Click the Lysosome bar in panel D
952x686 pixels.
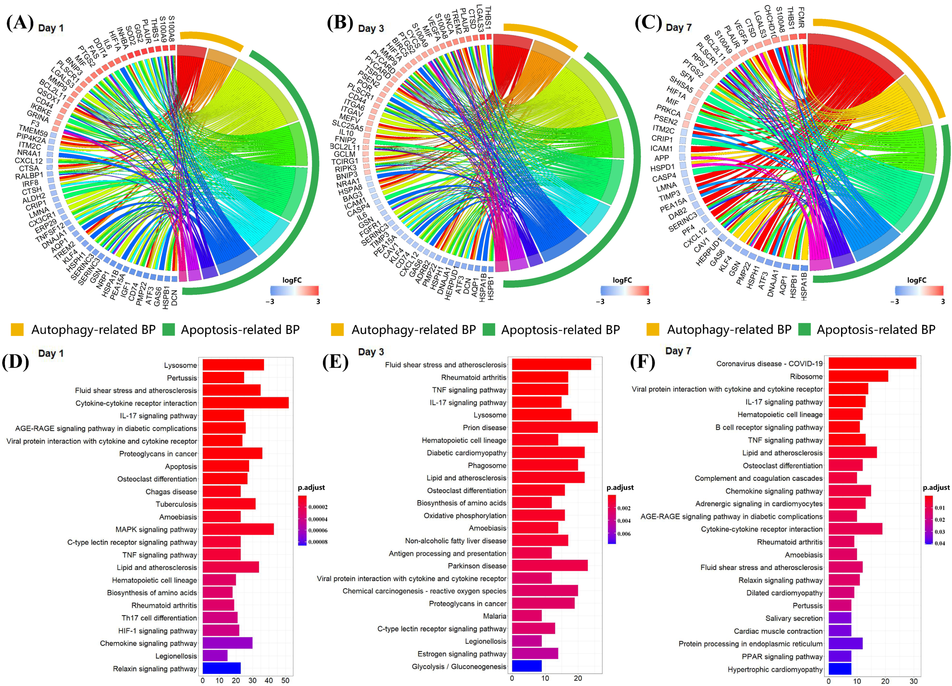pos(233,365)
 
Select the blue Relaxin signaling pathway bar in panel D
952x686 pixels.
pos(221,668)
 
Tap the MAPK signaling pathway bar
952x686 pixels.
pos(238,529)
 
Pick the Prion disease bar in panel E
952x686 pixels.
pos(555,427)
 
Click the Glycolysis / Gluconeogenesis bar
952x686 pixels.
pos(526,666)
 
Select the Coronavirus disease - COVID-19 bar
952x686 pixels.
pos(872,363)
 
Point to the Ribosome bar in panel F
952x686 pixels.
pos(858,376)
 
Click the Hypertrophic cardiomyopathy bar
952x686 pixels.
pos(840,669)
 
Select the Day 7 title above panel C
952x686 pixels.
pos(678,28)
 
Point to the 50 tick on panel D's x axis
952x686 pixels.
pos(285,681)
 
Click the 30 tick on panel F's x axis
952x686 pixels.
pos(913,681)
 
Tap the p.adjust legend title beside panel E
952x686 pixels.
pos(620,487)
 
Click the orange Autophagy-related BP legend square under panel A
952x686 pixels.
pos(17,330)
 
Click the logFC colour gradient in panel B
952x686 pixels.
pos(624,290)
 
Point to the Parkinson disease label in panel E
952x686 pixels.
pos(477,566)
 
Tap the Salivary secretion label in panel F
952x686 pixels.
pos(794,618)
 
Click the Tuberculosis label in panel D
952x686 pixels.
pos(176,504)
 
